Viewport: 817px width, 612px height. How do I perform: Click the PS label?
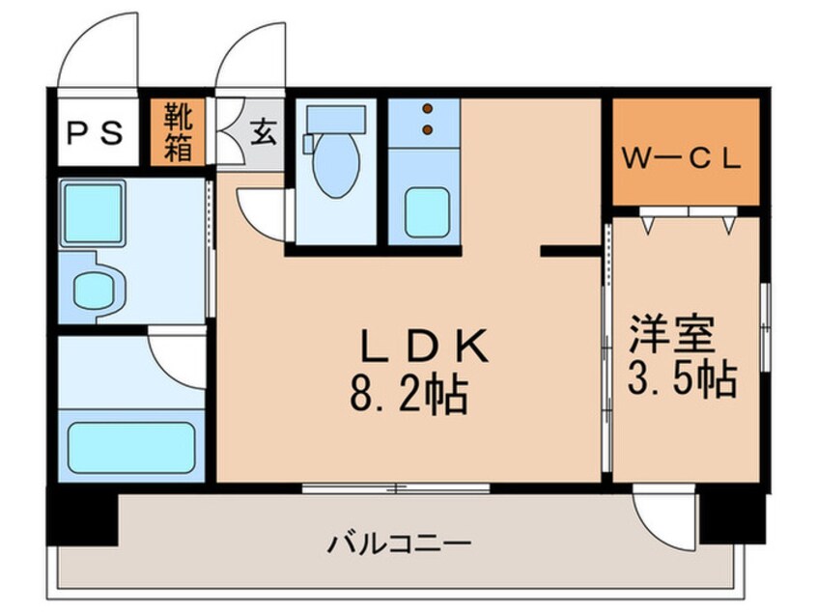94,133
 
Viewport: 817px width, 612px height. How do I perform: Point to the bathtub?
130,446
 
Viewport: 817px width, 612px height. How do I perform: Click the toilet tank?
334,119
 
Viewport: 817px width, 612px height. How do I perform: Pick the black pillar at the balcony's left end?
82,518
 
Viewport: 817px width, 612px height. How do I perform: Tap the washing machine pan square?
92,215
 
